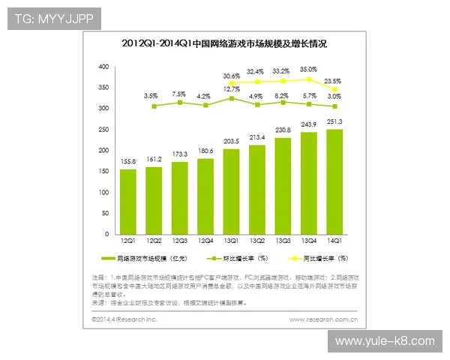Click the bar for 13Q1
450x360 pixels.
pyautogui.click(x=232, y=195)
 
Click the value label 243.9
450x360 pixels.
pyautogui.click(x=309, y=124)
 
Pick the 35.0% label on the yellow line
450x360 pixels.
pyautogui.click(x=308, y=69)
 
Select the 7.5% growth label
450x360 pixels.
pyautogui.click(x=180, y=94)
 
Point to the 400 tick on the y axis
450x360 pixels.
pyautogui.click(x=104, y=67)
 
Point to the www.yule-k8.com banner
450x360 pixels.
pyautogui.click(x=384, y=341)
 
